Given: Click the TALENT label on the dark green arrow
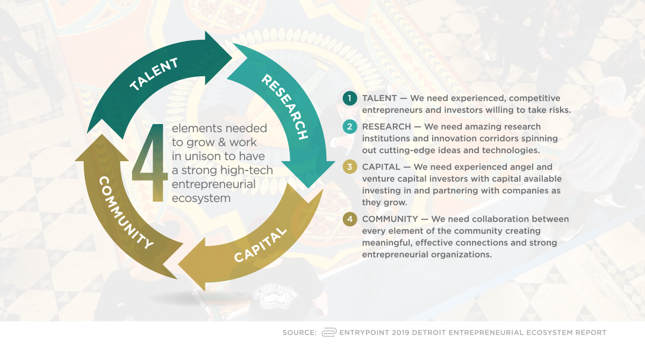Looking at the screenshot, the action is pyautogui.click(x=154, y=74).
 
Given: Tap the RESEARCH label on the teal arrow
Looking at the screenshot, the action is pyautogui.click(x=285, y=107).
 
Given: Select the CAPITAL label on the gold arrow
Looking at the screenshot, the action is pyautogui.click(x=260, y=244).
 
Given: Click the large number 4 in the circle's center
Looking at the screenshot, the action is pyautogui.click(x=150, y=163).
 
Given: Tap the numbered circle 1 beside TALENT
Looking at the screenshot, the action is pyautogui.click(x=350, y=98).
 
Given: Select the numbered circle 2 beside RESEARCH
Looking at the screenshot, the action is pyautogui.click(x=350, y=127).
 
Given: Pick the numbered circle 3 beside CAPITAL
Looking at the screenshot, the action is pyautogui.click(x=350, y=167).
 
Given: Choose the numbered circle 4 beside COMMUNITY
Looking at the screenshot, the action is pyautogui.click(x=350, y=219).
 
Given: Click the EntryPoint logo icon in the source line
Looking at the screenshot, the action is pyautogui.click(x=329, y=333).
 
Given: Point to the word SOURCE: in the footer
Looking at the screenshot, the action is pyautogui.click(x=299, y=333).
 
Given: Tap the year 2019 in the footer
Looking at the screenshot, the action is pyautogui.click(x=400, y=333).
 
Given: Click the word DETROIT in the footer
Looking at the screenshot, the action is pyautogui.click(x=429, y=333).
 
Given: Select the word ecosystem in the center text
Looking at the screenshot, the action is pyautogui.click(x=201, y=198).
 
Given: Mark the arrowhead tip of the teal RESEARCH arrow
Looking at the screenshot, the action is pyautogui.click(x=309, y=188).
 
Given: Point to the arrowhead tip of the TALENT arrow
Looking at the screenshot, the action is pyautogui.click(x=232, y=57).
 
